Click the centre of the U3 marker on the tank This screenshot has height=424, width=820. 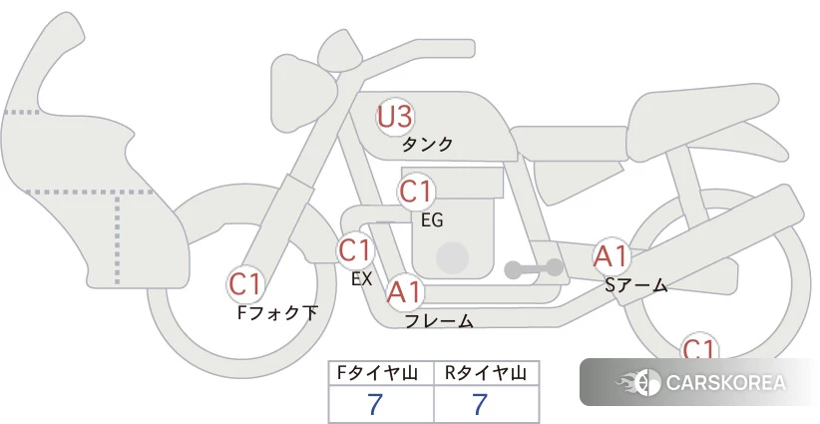coord(395,117)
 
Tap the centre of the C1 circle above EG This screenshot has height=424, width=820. coord(416,192)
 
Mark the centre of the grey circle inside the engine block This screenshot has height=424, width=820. coord(452,257)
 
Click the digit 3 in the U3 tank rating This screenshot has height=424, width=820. coord(403,117)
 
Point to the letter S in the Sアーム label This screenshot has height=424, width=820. coord(611,285)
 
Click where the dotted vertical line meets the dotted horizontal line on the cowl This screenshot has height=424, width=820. coord(117,193)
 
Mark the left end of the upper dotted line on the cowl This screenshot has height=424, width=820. coord(4,112)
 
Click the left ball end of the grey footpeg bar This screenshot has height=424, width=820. coord(513,269)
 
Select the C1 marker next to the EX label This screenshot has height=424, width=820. coord(355,249)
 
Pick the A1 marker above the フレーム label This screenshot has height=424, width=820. coord(404,292)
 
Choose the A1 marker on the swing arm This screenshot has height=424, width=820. coord(611,256)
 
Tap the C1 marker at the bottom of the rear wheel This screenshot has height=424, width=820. coord(699,347)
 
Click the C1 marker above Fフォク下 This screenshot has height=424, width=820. coord(245,284)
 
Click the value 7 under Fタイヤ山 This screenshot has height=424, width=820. coord(375,404)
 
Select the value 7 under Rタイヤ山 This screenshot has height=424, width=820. coord(480,404)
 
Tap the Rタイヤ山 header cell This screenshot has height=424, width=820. coord(487,373)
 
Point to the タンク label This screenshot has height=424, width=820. coord(427,144)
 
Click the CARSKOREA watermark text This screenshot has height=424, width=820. coord(726,382)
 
